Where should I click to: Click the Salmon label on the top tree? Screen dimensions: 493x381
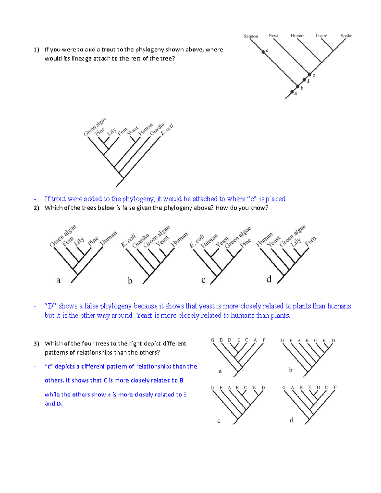[x=251, y=36]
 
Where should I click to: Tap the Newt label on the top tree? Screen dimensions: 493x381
[x=273, y=36]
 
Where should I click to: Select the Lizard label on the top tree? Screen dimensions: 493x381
[x=321, y=36]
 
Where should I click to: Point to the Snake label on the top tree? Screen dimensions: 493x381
[x=346, y=36]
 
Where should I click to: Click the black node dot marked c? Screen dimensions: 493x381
[x=263, y=52]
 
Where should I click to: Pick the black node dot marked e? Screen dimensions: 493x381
[x=310, y=74]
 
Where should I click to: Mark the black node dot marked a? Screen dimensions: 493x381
[x=292, y=92]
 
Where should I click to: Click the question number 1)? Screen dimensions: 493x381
[x=37, y=50]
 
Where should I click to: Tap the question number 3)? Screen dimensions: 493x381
[x=37, y=343]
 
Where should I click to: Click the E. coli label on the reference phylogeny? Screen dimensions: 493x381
[x=167, y=130]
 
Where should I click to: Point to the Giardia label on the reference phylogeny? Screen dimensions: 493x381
[x=157, y=129]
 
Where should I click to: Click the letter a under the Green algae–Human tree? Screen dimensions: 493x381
[x=58, y=280]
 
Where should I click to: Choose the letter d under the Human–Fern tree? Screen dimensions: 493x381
[x=269, y=279]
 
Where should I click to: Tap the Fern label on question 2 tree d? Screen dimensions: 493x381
[x=310, y=241]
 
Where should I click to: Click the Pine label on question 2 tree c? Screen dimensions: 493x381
[x=245, y=243]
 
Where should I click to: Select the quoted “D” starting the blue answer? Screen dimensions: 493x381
[x=50, y=306]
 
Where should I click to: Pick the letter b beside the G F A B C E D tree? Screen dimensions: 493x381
[x=291, y=370]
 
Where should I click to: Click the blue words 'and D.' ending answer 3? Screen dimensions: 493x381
[x=54, y=404]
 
